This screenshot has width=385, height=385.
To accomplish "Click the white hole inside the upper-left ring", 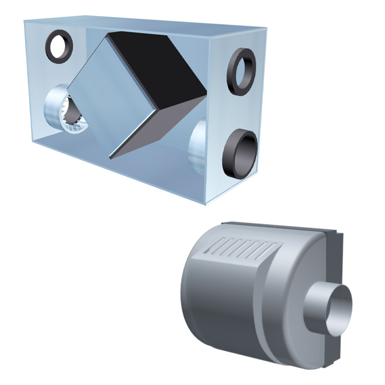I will pos(61,45).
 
